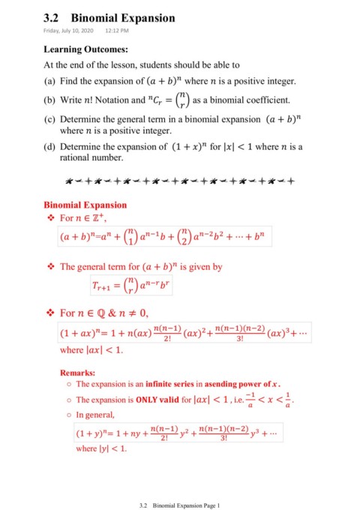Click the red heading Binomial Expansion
[85, 204]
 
